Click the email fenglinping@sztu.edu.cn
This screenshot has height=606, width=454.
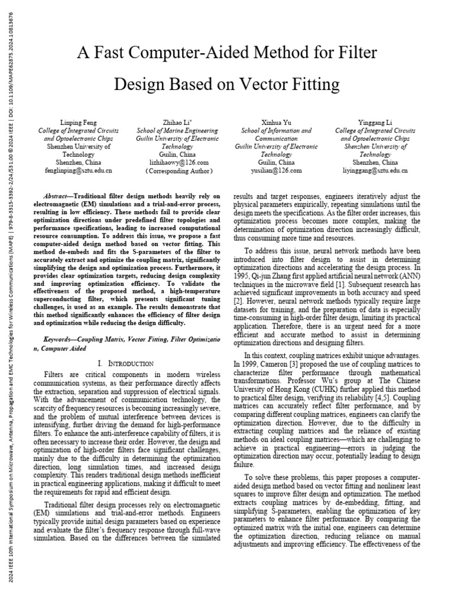78,170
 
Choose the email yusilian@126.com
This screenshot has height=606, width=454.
273,170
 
